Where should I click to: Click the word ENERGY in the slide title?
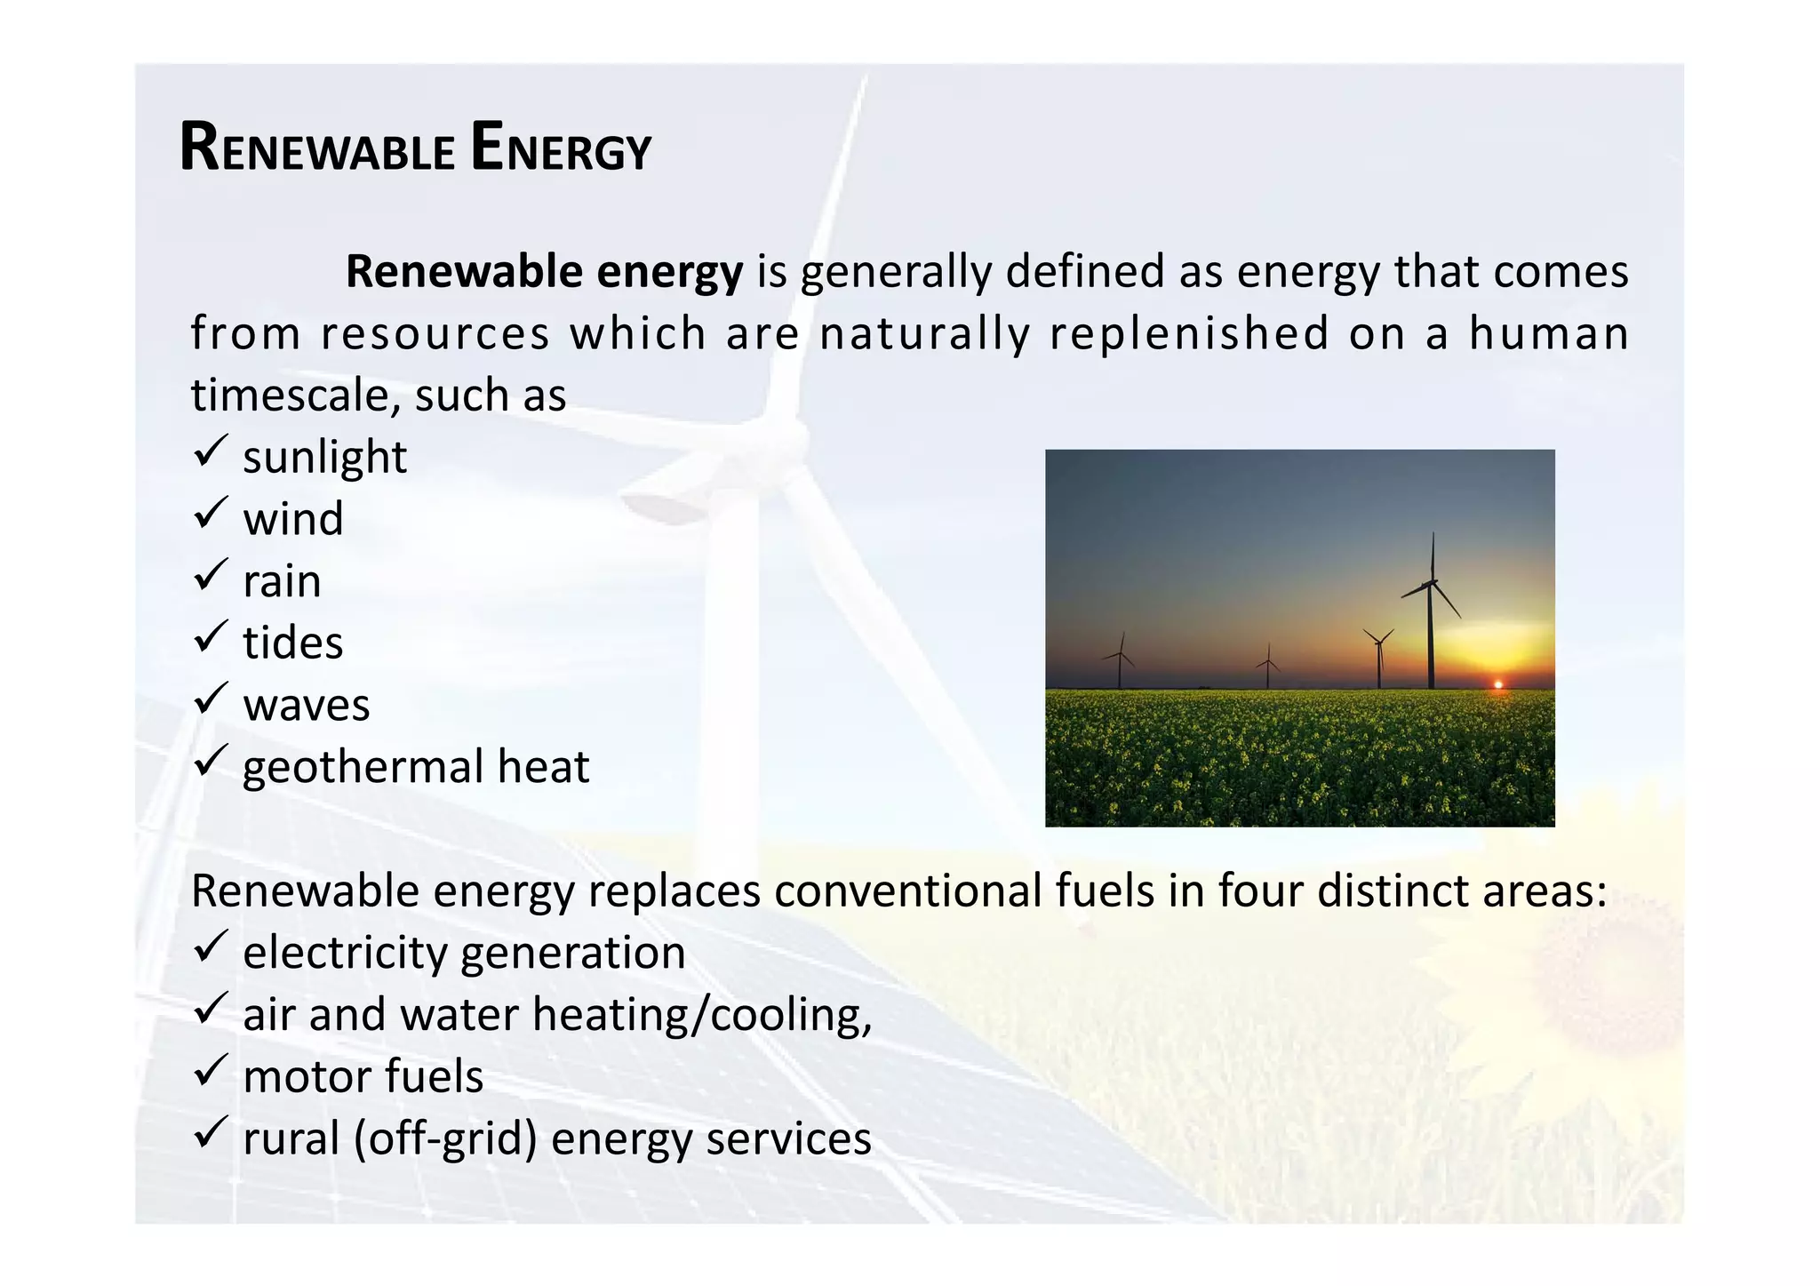coord(561,148)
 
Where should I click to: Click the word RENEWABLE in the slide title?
coord(317,148)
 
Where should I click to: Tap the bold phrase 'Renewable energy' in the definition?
coord(544,272)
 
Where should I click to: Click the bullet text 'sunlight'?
coord(324,458)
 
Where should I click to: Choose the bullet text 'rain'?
coord(282,581)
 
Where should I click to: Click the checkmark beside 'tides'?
coord(211,637)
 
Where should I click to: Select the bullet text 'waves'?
coord(307,706)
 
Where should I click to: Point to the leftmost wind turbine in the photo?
coord(1120,662)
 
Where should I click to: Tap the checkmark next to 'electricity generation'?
coord(211,947)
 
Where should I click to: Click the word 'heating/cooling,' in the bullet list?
coord(702,1015)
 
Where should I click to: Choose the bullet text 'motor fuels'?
coord(363,1077)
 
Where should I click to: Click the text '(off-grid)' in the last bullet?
coord(445,1139)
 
